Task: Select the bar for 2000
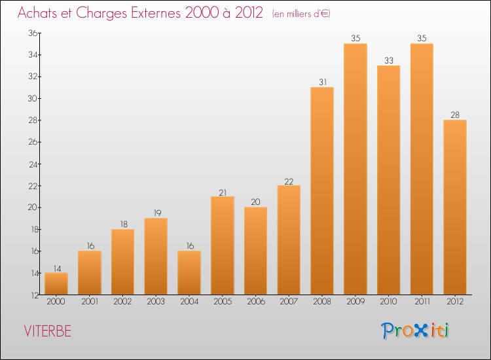pyautogui.click(x=56, y=283)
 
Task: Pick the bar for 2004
pyautogui.click(x=189, y=273)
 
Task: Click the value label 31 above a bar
pyautogui.click(x=322, y=82)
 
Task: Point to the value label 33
pyautogui.click(x=388, y=60)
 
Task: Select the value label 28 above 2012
pyautogui.click(x=455, y=115)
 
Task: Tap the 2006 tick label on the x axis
pyautogui.click(x=255, y=302)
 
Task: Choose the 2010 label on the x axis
pyautogui.click(x=388, y=302)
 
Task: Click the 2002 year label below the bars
pyautogui.click(x=122, y=302)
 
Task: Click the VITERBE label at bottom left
pyautogui.click(x=47, y=331)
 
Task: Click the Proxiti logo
pyautogui.click(x=415, y=331)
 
